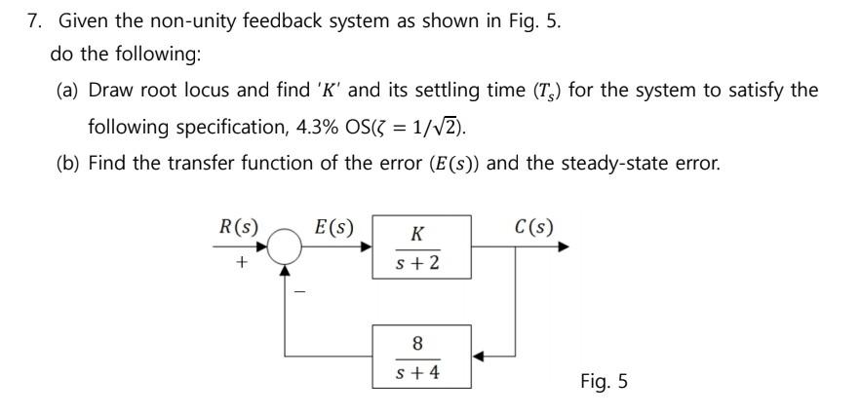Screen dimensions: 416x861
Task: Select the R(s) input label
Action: coord(238,228)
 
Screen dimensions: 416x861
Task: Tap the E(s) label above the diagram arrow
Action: coord(334,228)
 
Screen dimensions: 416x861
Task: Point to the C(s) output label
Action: coord(534,228)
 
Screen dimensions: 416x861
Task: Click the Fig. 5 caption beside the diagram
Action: coord(604,381)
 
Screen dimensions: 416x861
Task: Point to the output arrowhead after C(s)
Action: coord(562,248)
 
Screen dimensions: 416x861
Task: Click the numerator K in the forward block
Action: coord(417,235)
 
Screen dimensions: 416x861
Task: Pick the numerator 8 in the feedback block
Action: coord(418,343)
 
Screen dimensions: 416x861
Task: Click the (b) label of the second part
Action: coord(68,162)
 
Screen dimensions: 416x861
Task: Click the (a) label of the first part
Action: coord(68,91)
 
